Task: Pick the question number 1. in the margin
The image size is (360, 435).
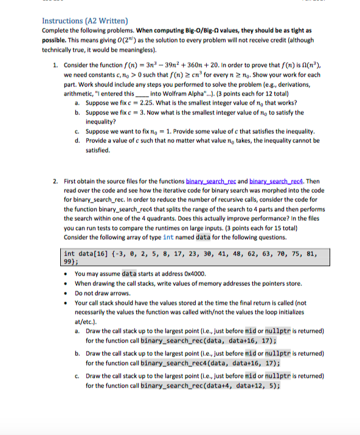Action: tap(55, 63)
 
